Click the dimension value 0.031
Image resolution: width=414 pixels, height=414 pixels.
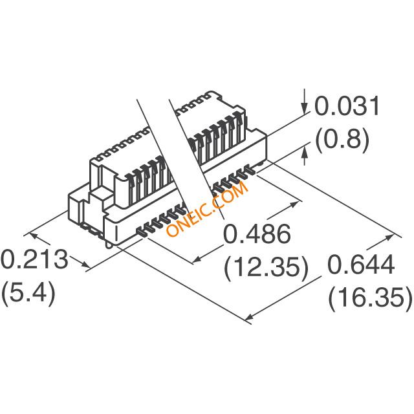coord(347,106)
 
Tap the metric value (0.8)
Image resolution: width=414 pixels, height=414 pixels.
coord(342,139)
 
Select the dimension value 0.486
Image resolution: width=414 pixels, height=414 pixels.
coord(257,234)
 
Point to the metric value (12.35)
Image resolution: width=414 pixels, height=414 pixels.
coord(266,267)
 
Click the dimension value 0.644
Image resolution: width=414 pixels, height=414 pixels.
coord(361,265)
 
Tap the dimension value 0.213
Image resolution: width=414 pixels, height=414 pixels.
coord(34,259)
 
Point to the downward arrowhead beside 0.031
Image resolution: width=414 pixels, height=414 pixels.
coord(305,109)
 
